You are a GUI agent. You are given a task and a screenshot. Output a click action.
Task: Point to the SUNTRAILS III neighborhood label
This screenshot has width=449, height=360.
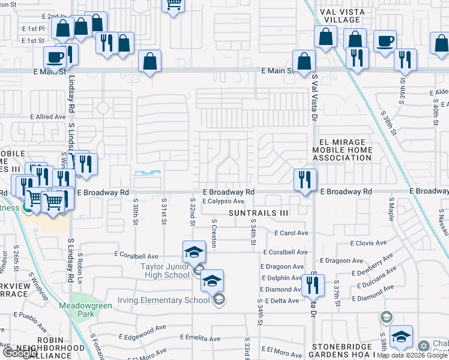pyautogui.click(x=259, y=213)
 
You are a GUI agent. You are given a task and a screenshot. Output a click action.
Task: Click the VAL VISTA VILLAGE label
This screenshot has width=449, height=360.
pyautogui.click(x=341, y=15)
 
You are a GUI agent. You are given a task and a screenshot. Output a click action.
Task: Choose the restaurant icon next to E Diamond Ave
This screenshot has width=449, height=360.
pyautogui.click(x=313, y=286)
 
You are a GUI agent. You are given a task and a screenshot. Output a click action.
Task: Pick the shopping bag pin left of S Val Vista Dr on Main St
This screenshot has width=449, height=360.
pyautogui.click(x=304, y=61)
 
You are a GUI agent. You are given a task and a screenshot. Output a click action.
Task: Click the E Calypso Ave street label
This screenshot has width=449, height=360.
pyautogui.click(x=223, y=202)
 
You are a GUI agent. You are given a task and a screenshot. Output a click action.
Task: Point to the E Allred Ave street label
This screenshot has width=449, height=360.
pyautogui.click(x=49, y=117)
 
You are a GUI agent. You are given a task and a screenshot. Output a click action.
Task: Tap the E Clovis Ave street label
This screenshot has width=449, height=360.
pyautogui.click(x=369, y=243)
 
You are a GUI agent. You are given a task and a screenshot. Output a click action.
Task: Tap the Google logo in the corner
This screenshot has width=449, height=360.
pyautogui.click(x=19, y=353)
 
